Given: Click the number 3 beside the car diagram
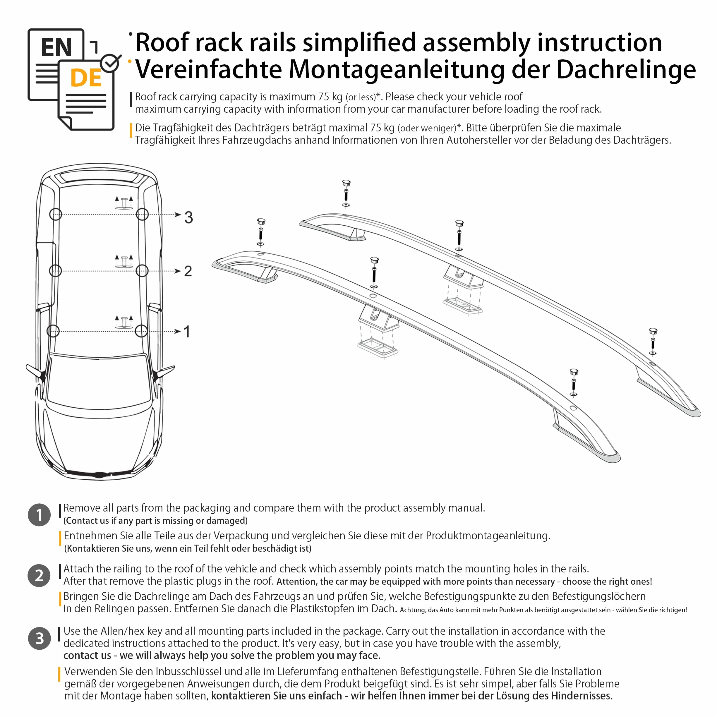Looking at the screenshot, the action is click(188, 217).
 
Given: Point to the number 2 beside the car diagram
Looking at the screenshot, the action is click(188, 271).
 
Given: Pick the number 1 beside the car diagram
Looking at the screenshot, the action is click(187, 331).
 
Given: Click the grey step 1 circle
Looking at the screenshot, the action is click(39, 515).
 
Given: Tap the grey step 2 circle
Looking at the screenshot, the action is click(39, 576).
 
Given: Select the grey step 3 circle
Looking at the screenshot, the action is click(39, 638).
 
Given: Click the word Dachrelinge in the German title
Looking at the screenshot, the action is click(626, 70).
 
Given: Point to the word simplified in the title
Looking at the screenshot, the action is click(359, 43).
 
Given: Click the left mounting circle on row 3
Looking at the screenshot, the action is click(56, 215).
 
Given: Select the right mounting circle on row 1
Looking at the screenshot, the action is click(141, 331).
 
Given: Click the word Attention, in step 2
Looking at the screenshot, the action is click(297, 582).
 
